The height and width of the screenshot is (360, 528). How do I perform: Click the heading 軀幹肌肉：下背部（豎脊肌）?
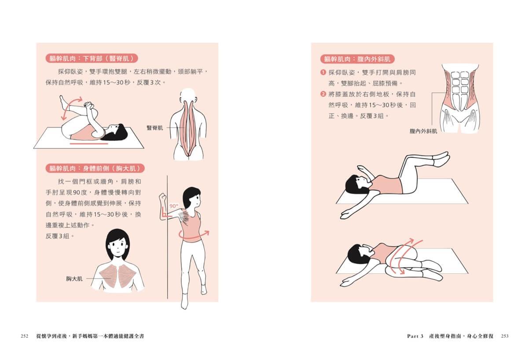tap(92, 58)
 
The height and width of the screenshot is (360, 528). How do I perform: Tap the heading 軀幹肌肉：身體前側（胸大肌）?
tap(95, 168)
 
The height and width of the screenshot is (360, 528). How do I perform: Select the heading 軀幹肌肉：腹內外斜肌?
tap(357, 59)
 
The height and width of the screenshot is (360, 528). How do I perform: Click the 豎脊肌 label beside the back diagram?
tap(154, 128)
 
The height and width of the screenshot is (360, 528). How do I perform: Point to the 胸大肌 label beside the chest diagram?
tap(74, 279)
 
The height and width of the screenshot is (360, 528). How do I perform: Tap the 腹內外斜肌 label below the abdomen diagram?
tap(423, 131)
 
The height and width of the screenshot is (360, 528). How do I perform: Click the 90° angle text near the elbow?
tap(174, 206)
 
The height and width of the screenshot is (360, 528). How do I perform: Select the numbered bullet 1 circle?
tap(323, 72)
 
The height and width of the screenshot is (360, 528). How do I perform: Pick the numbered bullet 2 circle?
tap(323, 94)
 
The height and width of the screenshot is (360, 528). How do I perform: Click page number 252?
tap(25, 336)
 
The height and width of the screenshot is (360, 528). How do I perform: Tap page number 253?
tap(505, 336)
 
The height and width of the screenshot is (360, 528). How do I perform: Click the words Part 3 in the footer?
tap(415, 336)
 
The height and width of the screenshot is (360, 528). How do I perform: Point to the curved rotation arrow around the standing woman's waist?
tap(193, 236)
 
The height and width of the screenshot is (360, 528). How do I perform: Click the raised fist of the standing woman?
tap(163, 198)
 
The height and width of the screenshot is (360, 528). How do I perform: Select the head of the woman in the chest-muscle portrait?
tap(117, 244)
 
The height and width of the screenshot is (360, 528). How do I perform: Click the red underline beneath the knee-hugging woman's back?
tap(89, 143)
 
